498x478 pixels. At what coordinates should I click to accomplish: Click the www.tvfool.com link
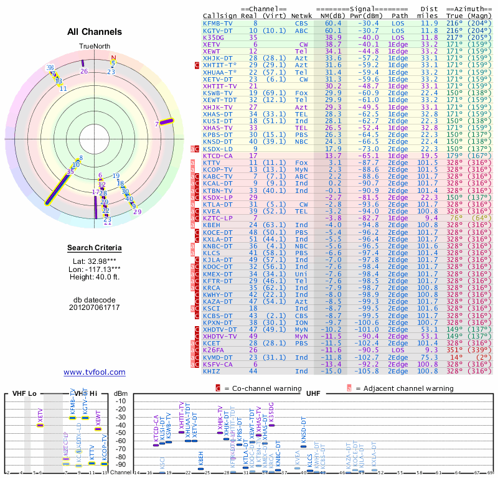[x=95, y=372]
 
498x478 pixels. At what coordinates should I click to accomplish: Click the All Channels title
[x=95, y=32]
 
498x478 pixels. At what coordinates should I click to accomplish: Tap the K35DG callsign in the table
[x=214, y=37]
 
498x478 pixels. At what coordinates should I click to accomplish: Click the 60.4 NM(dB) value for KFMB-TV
[x=333, y=23]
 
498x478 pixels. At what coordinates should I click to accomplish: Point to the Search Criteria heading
[x=95, y=248]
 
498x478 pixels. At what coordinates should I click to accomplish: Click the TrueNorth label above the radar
[x=95, y=47]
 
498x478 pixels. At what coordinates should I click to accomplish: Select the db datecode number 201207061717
[x=95, y=307]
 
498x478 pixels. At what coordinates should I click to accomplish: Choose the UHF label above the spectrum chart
[x=312, y=394]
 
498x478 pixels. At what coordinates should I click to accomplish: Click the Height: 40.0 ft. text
[x=95, y=278]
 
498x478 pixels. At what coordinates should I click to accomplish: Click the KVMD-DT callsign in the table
[x=218, y=357]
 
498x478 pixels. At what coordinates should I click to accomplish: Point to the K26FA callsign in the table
[x=214, y=350]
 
